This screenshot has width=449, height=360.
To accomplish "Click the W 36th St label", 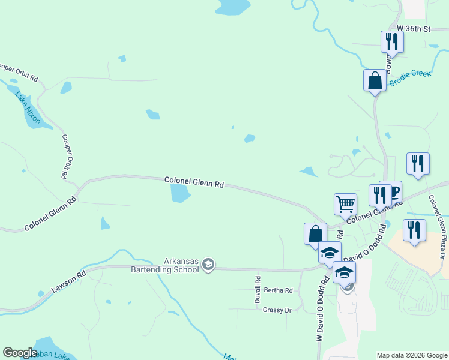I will (x=414, y=28).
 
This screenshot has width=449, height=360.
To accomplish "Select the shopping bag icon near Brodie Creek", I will (x=375, y=80).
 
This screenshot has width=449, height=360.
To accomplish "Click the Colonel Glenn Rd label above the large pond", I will (x=194, y=182).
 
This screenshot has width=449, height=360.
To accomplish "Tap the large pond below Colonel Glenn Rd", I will (x=180, y=193).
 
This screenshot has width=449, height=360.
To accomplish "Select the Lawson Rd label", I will (x=68, y=281).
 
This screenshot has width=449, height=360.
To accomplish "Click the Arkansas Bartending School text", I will (x=164, y=265).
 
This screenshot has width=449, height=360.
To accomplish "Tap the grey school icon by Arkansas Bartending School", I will (x=208, y=265).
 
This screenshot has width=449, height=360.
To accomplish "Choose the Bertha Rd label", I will (x=277, y=290).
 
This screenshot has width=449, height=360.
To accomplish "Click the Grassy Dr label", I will (x=277, y=310).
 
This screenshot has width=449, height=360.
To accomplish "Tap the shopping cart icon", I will (x=345, y=204).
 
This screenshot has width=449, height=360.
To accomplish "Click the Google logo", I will (x=20, y=353).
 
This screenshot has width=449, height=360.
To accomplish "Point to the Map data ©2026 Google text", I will (x=412, y=355).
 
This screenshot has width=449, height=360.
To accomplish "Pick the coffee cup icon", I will (x=394, y=191).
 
